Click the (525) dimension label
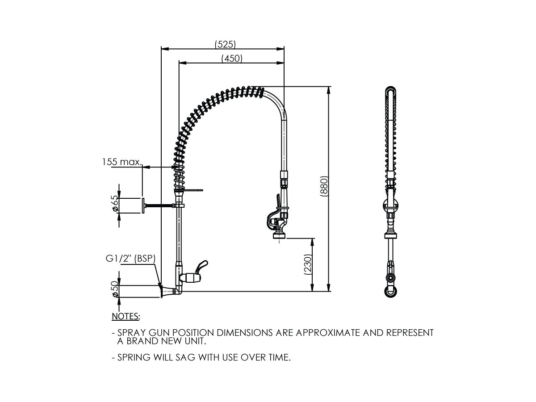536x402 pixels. coord(225,44)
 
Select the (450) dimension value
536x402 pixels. coord(232,59)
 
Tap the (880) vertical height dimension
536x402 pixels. coord(325,187)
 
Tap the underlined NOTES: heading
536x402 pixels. coord(126,316)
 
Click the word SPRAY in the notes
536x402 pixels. coord(130,333)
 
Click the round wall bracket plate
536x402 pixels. coord(143,206)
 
